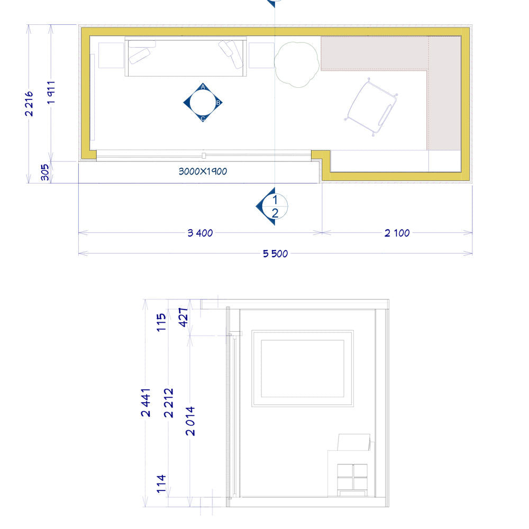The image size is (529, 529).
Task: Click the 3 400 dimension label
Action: (x=200, y=233)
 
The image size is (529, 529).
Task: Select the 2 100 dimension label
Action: (x=397, y=233)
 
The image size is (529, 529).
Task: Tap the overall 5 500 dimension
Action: (x=275, y=254)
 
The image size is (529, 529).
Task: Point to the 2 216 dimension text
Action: (x=29, y=104)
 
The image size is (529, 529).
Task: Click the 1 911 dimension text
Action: (x=51, y=93)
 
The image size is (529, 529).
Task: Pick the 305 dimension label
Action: (x=45, y=172)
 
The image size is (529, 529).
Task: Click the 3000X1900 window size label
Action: (x=203, y=171)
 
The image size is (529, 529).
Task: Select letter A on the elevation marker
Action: (x=203, y=87)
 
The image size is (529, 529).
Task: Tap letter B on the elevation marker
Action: (x=218, y=103)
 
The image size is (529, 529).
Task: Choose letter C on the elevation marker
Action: (x=203, y=118)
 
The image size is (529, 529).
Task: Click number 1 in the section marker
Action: (x=275, y=200)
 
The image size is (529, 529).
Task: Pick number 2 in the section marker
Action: (x=275, y=213)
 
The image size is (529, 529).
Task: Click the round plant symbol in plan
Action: (x=297, y=65)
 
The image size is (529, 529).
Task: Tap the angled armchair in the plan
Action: (x=371, y=107)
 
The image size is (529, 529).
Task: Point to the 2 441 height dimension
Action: (x=146, y=403)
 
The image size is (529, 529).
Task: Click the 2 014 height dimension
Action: (x=190, y=421)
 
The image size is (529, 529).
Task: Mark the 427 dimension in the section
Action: (x=183, y=317)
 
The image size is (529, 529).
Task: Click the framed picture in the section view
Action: (x=303, y=368)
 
